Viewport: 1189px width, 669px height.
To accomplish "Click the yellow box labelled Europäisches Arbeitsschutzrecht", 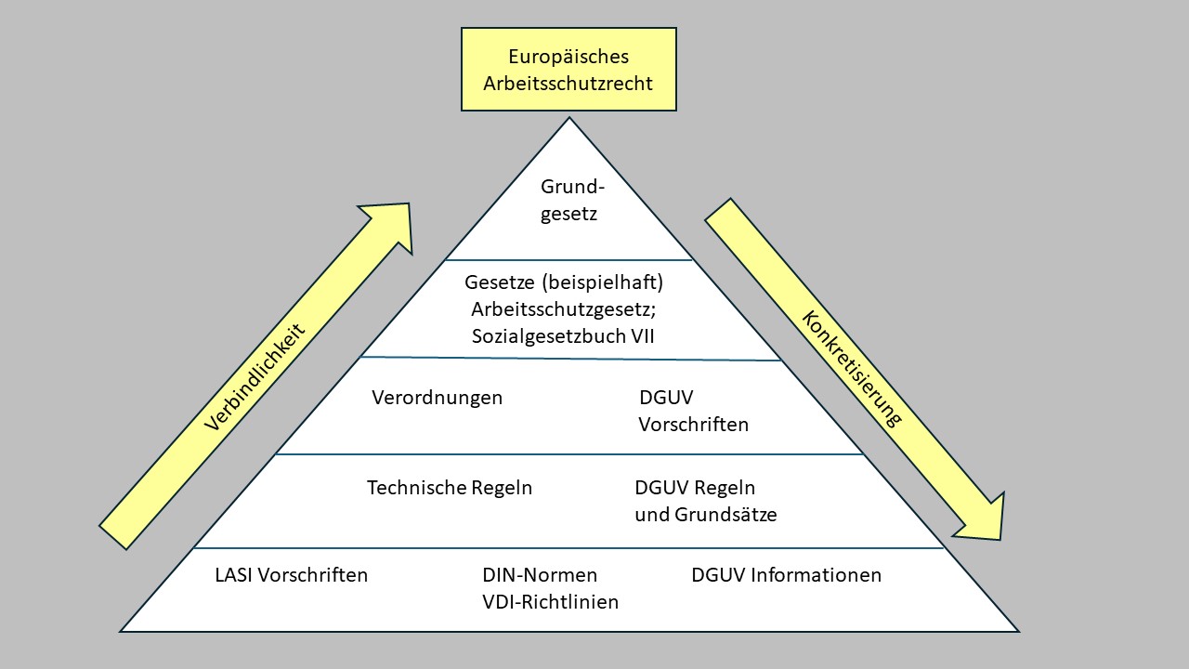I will point(568,70).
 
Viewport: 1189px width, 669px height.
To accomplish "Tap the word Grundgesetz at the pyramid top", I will point(568,201).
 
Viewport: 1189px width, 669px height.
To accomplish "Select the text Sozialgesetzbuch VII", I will point(563,336).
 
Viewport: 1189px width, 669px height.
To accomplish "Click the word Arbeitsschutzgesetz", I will point(566,308).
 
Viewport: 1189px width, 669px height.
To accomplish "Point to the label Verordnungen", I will point(437,398).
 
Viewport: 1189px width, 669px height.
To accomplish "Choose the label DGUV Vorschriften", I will point(693,412).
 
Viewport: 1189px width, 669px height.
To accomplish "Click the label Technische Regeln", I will point(450,488).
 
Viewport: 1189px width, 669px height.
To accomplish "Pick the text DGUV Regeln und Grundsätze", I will point(705,501).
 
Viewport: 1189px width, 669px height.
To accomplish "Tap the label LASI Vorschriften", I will point(291,575).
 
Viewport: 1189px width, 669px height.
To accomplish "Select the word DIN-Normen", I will point(540,575).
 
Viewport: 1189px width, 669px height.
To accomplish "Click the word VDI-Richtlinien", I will point(550,602).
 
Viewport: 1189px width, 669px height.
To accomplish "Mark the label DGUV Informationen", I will point(786,575).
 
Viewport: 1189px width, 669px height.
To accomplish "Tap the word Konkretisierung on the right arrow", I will point(852,368).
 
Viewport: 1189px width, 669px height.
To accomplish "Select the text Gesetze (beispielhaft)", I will point(566,281).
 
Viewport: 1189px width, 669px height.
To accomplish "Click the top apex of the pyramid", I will point(568,118).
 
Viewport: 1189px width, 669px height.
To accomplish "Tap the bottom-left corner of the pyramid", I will point(122,631).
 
